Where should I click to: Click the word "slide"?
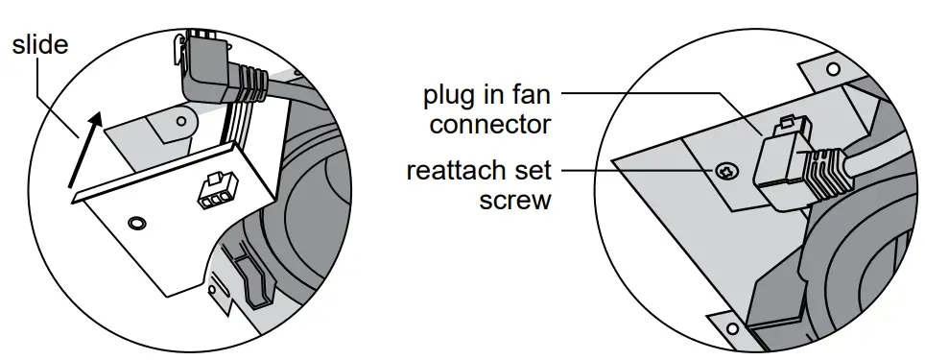tap(39, 44)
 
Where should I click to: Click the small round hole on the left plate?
tap(137, 223)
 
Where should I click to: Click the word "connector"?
tap(490, 124)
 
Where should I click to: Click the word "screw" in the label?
tap(515, 201)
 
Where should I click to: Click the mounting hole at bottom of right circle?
tap(732, 328)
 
